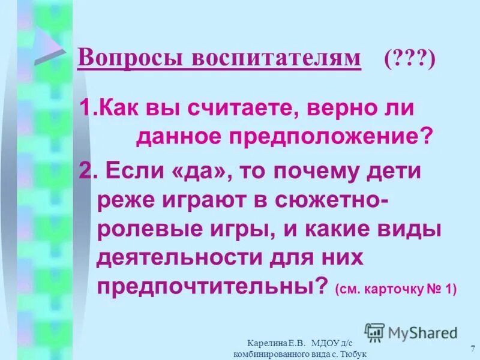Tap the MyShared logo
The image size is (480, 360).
[411, 332]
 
